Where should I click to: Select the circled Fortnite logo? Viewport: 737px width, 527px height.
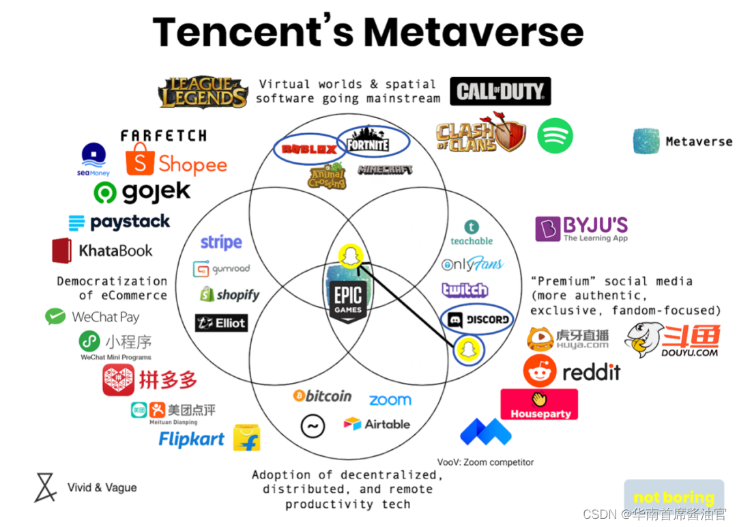(x=369, y=143)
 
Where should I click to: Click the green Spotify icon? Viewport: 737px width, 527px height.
(x=555, y=136)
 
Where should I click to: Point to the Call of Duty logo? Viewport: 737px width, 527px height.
(x=500, y=91)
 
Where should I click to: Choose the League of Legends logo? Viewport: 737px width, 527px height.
(x=204, y=92)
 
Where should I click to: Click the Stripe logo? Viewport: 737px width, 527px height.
(x=221, y=242)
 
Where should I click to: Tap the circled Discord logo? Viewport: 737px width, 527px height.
(x=478, y=319)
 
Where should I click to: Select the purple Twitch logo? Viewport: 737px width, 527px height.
(x=465, y=290)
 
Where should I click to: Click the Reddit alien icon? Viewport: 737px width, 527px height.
(x=540, y=371)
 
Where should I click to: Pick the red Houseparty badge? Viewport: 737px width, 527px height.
(x=539, y=404)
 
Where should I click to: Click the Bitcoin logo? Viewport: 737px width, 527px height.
(x=322, y=396)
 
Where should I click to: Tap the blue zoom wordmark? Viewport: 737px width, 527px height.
(x=390, y=400)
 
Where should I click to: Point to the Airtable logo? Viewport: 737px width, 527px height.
(x=377, y=424)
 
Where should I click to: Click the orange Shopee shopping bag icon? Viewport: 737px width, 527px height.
(x=140, y=160)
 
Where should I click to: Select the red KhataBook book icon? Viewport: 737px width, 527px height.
(x=62, y=251)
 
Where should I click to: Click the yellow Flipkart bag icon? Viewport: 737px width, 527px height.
(x=246, y=438)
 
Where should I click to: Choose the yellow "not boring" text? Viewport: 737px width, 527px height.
(x=674, y=498)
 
